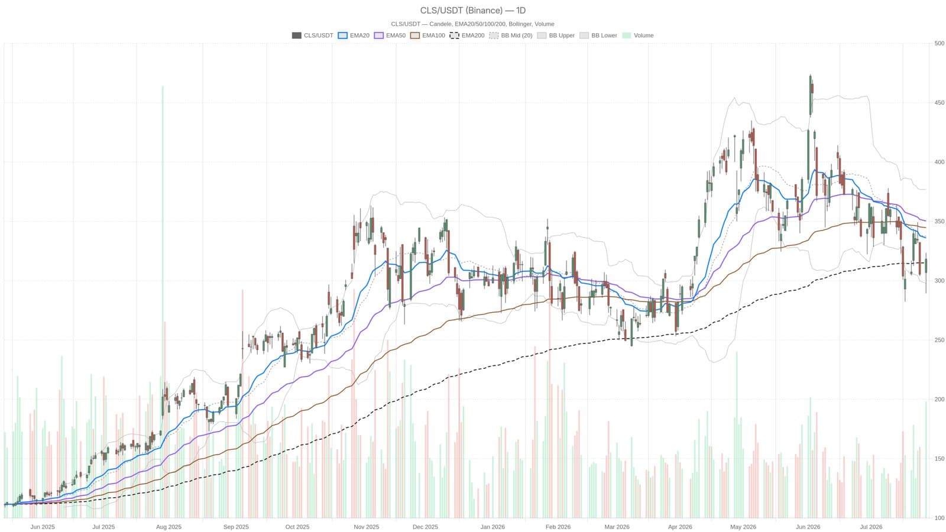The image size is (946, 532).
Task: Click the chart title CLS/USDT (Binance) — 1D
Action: pos(472,10)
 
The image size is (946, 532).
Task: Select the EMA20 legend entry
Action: pos(354,35)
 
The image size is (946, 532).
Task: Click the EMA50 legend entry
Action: pos(390,35)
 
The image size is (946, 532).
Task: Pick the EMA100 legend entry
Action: pos(428,35)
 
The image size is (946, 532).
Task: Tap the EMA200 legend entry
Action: pos(467,35)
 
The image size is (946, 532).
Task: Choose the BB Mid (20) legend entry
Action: pos(511,35)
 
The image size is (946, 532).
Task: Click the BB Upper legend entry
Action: pos(556,35)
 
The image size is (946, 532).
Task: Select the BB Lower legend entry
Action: pos(598,35)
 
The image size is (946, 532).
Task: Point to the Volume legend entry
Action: pos(638,35)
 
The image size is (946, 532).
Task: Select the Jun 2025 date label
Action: pos(42,527)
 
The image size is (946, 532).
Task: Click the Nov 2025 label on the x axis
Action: pos(366,527)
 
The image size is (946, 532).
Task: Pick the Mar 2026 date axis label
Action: pos(617,527)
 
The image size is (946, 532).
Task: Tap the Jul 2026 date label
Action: pos(872,527)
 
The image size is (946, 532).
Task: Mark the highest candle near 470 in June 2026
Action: pos(810,95)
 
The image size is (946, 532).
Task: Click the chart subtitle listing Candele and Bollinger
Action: pos(472,24)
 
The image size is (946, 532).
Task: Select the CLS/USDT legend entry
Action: pos(313,35)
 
